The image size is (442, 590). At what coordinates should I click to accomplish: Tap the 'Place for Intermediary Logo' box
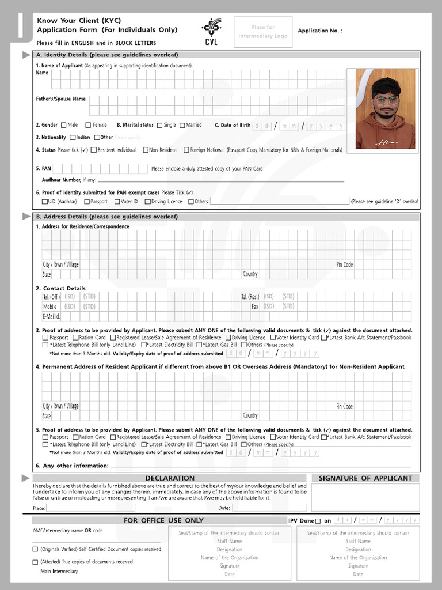(262, 32)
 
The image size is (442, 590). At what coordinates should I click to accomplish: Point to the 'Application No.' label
(320, 31)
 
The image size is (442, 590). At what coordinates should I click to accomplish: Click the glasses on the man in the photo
(385, 100)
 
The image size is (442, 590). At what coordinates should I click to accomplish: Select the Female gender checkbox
(88, 125)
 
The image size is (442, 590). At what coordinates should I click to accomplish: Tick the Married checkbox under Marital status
(182, 125)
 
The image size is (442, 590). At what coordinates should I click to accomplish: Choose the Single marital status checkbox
(159, 125)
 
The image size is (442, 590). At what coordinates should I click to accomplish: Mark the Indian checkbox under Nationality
(73, 138)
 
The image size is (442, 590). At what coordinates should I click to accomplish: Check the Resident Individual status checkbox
(93, 150)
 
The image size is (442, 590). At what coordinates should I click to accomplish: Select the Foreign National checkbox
(186, 150)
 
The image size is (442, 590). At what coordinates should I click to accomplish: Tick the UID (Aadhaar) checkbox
(44, 202)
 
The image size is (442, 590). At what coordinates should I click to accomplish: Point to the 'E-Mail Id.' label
(51, 316)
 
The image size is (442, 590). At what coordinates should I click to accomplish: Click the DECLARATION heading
(170, 478)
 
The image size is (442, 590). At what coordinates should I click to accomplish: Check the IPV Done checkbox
(318, 521)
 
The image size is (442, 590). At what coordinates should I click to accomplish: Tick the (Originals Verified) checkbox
(36, 550)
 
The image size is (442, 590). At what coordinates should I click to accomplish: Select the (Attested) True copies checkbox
(36, 562)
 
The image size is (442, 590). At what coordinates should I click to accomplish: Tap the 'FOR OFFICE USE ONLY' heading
(163, 520)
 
